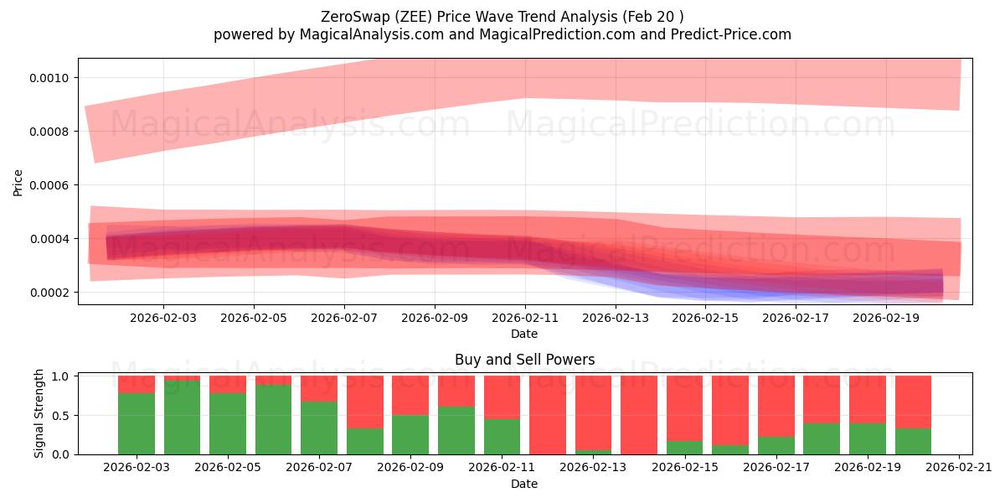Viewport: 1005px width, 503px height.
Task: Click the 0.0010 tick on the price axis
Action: (52, 78)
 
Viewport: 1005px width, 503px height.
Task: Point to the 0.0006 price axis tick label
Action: (52, 185)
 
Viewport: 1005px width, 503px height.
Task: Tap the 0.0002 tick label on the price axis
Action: (52, 293)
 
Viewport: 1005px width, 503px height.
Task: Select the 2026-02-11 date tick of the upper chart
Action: (525, 319)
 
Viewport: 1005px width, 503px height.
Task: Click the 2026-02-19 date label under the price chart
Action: (887, 319)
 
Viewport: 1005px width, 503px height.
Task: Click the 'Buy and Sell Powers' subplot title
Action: (524, 360)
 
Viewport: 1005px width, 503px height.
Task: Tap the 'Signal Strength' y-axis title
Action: (39, 413)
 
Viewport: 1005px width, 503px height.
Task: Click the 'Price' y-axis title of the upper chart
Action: (18, 183)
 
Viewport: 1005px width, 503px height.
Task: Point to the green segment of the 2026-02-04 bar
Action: (182, 417)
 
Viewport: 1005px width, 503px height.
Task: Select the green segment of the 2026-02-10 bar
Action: (456, 430)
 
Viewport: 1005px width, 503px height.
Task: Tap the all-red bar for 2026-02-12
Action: (547, 415)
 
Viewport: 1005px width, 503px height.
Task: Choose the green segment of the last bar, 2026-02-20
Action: (913, 441)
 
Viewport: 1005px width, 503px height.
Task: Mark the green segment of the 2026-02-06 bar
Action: (273, 419)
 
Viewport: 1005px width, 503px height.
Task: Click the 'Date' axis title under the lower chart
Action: (524, 485)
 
